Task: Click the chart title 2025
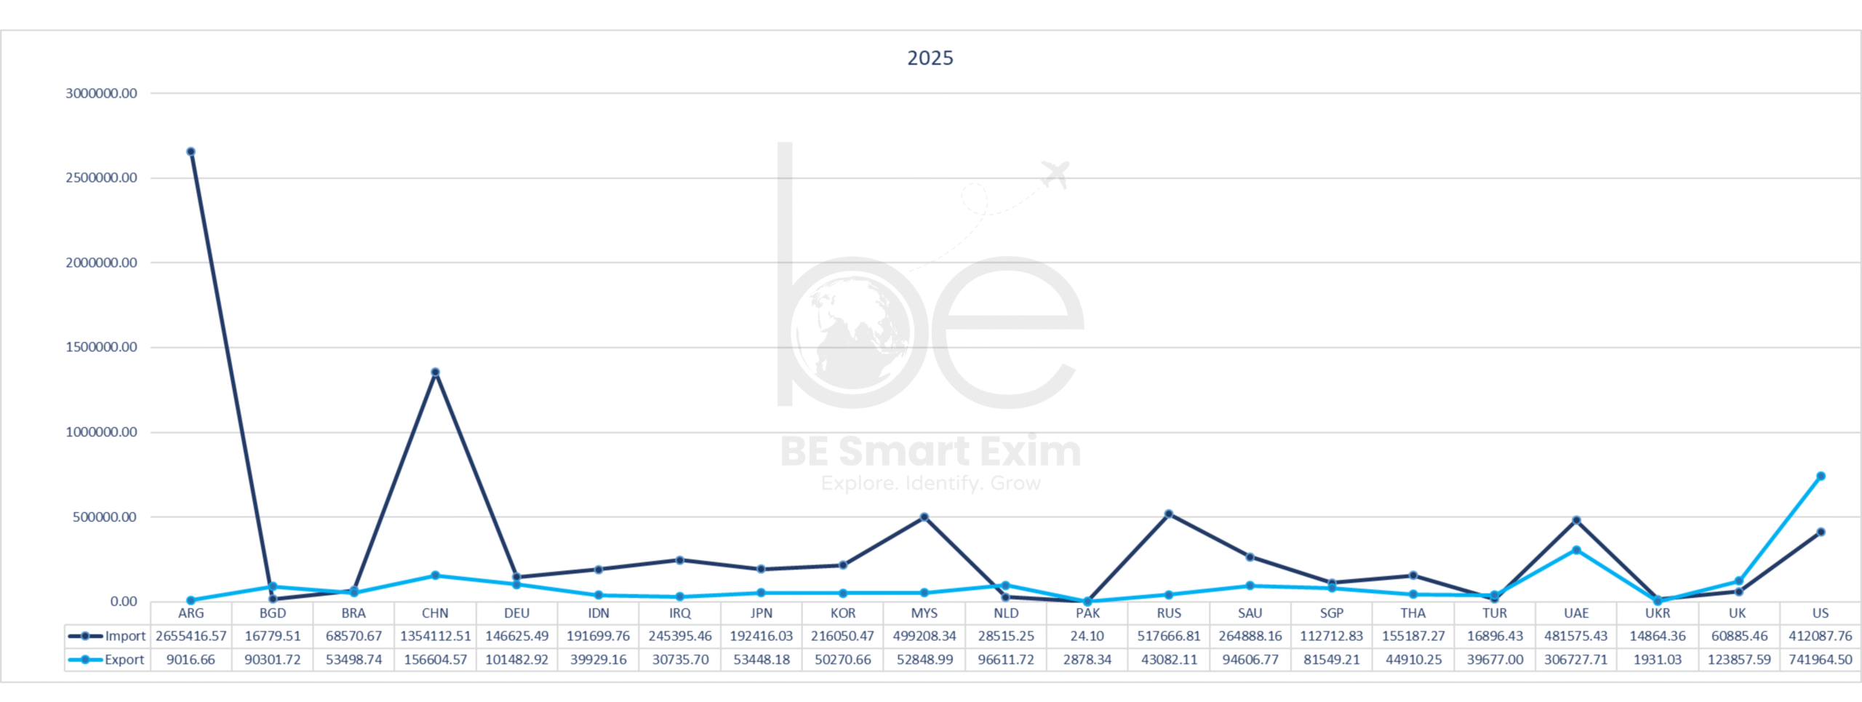click(930, 58)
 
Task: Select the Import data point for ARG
click(191, 152)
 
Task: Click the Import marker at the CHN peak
click(435, 372)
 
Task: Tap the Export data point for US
click(1821, 476)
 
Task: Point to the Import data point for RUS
click(1169, 514)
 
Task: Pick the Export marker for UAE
click(1576, 550)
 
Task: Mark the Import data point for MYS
click(924, 517)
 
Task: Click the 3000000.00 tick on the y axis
click(101, 93)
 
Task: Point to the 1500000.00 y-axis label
click(101, 347)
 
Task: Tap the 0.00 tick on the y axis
click(124, 602)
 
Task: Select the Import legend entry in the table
click(108, 636)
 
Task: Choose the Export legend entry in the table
click(108, 660)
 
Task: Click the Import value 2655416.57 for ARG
click(191, 636)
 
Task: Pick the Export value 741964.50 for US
click(1821, 660)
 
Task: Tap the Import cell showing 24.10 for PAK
click(1087, 636)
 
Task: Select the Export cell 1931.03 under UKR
click(1658, 660)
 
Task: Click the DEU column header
click(516, 613)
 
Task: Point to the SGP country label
click(1332, 613)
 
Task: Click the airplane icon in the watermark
click(1055, 175)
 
